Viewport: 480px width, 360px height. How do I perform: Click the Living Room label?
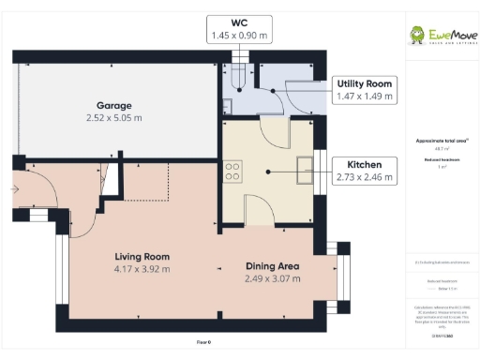click(142, 256)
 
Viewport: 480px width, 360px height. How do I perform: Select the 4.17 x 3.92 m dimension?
click(142, 269)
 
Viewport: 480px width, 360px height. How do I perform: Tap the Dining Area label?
click(273, 266)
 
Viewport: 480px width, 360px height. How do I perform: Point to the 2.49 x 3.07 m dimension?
click(273, 279)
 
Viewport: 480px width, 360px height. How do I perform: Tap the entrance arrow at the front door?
click(15, 188)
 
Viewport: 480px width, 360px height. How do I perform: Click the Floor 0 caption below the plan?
click(203, 343)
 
